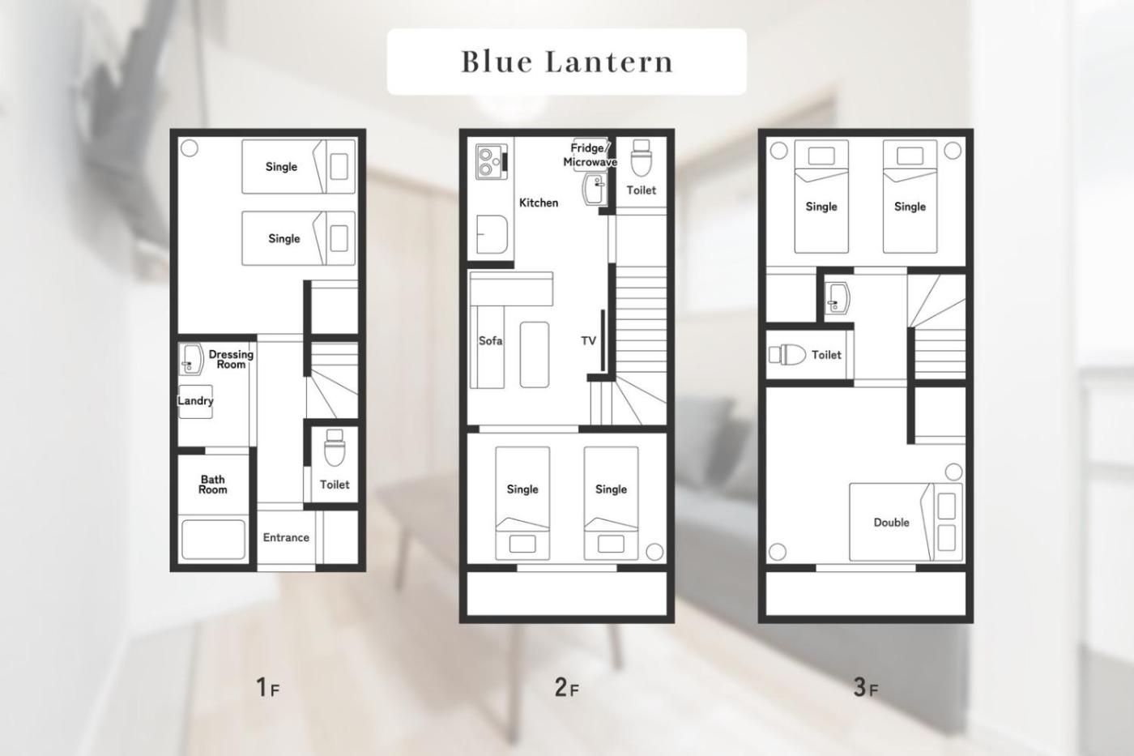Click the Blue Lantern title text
pos(567,62)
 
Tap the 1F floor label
pos(268,688)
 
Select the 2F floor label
pos(566,688)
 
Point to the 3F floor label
pos(866,688)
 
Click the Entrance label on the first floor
pos(286,537)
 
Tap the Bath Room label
pos(212,484)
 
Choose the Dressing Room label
pos(231,359)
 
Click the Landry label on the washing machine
pos(195,401)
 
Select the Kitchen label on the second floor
pos(539,203)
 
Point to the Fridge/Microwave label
pos(590,155)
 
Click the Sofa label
pos(491,341)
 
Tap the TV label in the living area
pos(588,341)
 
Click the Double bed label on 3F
pos(892,522)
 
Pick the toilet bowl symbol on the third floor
pos(787,354)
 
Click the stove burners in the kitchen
pos(491,161)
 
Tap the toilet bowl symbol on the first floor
pos(334,447)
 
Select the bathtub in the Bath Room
pos(213,540)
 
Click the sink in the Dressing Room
pos(191,359)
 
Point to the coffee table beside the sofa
pos(534,354)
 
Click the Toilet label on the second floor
pos(641,190)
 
